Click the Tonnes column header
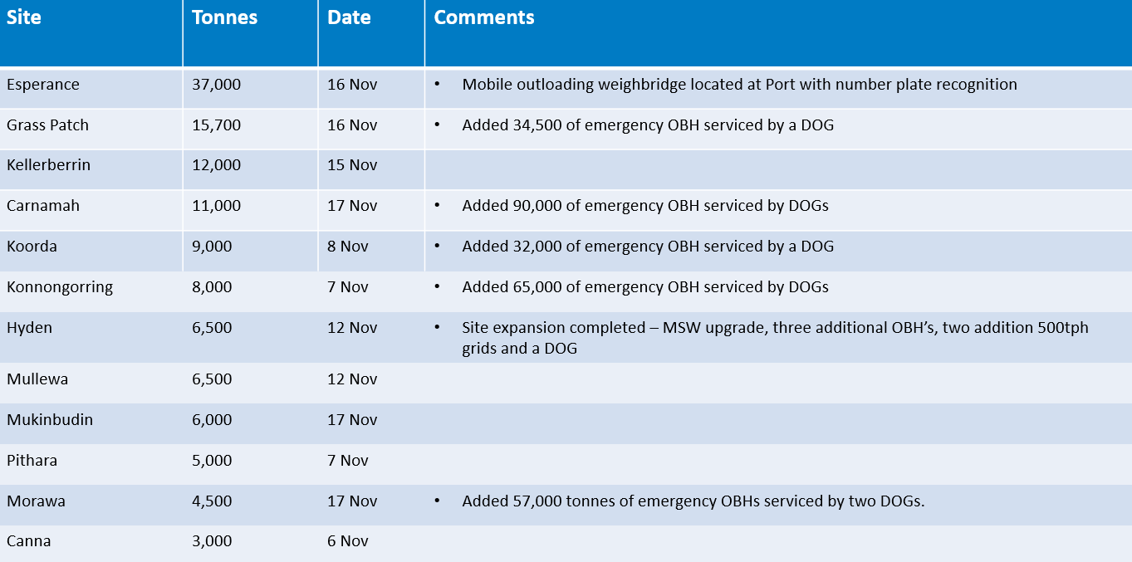(x=224, y=18)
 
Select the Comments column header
(x=483, y=18)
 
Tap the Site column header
(x=24, y=18)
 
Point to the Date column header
(x=349, y=18)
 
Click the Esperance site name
(x=43, y=85)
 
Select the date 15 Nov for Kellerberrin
(x=352, y=165)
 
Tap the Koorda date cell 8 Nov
(x=348, y=247)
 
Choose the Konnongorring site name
(x=60, y=287)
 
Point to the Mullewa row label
(x=37, y=379)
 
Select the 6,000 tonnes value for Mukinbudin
(x=212, y=420)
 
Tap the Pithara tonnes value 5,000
(x=212, y=461)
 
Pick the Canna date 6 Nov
(x=348, y=541)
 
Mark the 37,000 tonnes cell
(x=216, y=85)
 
